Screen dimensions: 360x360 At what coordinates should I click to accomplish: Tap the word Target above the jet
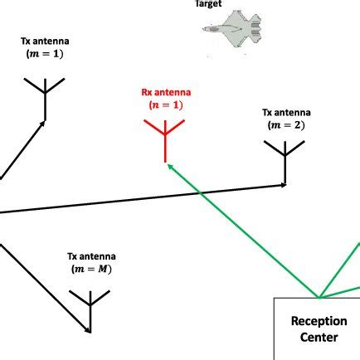click(208, 3)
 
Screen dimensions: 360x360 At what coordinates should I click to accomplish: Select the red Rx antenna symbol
click(165, 136)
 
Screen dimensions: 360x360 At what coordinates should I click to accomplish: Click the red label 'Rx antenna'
click(166, 93)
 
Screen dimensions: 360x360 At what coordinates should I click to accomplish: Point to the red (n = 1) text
click(166, 105)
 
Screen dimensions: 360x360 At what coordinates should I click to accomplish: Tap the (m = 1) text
click(45, 54)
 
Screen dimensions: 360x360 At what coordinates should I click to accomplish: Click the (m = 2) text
click(286, 125)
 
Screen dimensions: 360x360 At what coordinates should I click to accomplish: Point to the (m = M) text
click(91, 270)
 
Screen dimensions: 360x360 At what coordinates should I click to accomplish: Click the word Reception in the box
click(319, 321)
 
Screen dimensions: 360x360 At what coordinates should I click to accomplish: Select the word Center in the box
click(319, 338)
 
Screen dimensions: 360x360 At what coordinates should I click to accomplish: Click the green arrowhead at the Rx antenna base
click(169, 165)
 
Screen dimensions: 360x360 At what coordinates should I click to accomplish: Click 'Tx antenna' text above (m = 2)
click(286, 113)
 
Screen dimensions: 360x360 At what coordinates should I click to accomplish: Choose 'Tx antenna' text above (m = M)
click(91, 257)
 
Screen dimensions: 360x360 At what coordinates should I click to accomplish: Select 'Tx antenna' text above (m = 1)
click(45, 41)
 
